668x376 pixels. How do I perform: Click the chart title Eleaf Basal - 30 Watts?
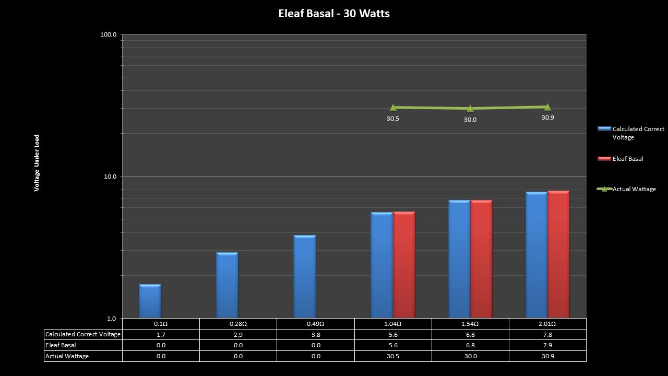(x=334, y=14)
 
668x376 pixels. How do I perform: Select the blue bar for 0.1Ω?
(x=150, y=301)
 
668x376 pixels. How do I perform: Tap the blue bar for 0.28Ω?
(x=227, y=285)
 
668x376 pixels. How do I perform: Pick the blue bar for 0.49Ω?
(x=305, y=277)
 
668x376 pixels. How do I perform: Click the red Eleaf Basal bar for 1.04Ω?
(x=404, y=265)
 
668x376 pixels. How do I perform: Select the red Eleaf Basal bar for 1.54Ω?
(x=481, y=259)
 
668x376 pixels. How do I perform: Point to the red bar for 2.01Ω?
(x=558, y=254)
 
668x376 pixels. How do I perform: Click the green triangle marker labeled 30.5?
(x=393, y=108)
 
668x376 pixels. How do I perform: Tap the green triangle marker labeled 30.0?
(x=470, y=109)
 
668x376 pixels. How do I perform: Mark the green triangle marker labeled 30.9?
(x=547, y=107)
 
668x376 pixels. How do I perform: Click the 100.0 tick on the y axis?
(x=109, y=34)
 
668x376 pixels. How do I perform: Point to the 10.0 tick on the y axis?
(x=110, y=177)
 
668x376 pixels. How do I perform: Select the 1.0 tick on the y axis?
(x=111, y=319)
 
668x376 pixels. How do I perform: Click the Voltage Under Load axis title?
(x=37, y=163)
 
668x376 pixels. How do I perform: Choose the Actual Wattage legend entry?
(x=634, y=189)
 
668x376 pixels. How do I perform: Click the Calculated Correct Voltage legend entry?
(x=638, y=133)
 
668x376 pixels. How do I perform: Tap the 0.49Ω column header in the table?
(x=315, y=324)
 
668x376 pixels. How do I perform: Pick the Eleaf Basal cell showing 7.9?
(x=547, y=345)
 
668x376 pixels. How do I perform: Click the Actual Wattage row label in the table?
(x=67, y=356)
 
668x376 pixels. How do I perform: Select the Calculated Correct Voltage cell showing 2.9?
(x=238, y=334)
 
